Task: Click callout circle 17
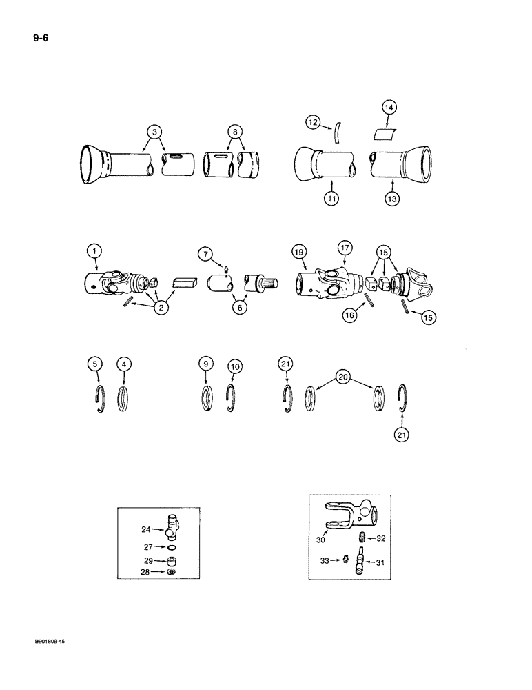tap(345, 246)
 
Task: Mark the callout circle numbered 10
tap(235, 367)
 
